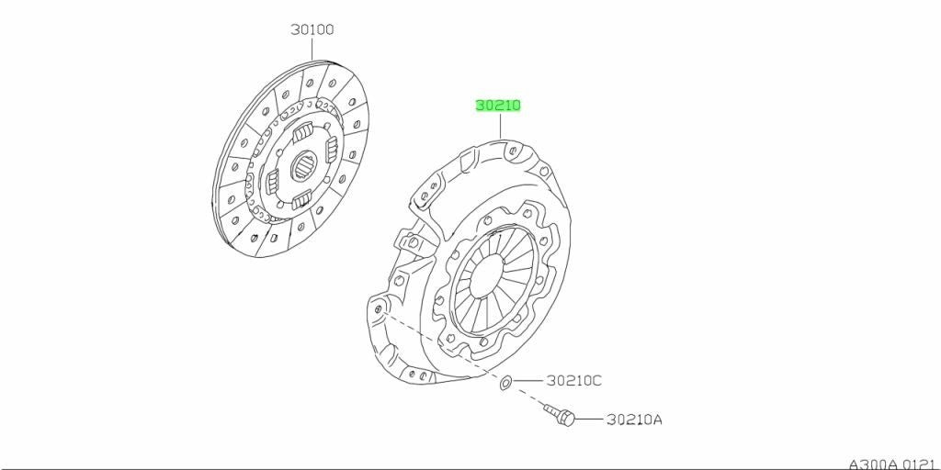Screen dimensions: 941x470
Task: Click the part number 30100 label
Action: [x=312, y=29]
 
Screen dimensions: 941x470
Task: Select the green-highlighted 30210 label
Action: [x=498, y=106]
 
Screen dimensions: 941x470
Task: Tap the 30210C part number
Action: [x=573, y=380]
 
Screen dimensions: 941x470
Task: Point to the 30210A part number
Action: [x=634, y=420]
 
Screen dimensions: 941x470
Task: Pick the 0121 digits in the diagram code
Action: [x=920, y=464]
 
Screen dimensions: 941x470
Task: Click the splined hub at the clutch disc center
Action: [x=305, y=164]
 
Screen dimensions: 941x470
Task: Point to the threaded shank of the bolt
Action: [x=552, y=410]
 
